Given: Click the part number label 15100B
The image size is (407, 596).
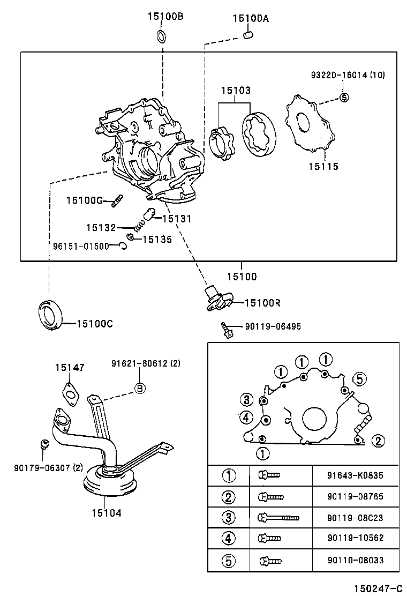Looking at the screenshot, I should pos(165,17).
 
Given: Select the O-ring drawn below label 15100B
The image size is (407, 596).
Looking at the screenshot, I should pos(161,36).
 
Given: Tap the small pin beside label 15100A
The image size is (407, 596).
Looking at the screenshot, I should pos(247,36).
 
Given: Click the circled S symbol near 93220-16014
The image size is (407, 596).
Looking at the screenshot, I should pos(344,97).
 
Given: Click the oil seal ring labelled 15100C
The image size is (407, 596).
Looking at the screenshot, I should pos(51,315).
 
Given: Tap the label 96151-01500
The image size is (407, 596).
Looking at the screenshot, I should pos(81,246).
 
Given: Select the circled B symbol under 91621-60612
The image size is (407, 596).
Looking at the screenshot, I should pos(139,389).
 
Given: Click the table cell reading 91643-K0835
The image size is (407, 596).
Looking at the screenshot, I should pos(355,475).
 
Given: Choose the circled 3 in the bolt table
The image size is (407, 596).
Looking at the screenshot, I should pos(229,518).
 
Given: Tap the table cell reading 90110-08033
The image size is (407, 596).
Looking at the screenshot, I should pos(355,561).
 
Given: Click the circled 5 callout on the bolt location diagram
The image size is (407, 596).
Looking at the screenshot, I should pos(359,379).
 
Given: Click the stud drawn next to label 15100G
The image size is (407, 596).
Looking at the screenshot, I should pos(118,202).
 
